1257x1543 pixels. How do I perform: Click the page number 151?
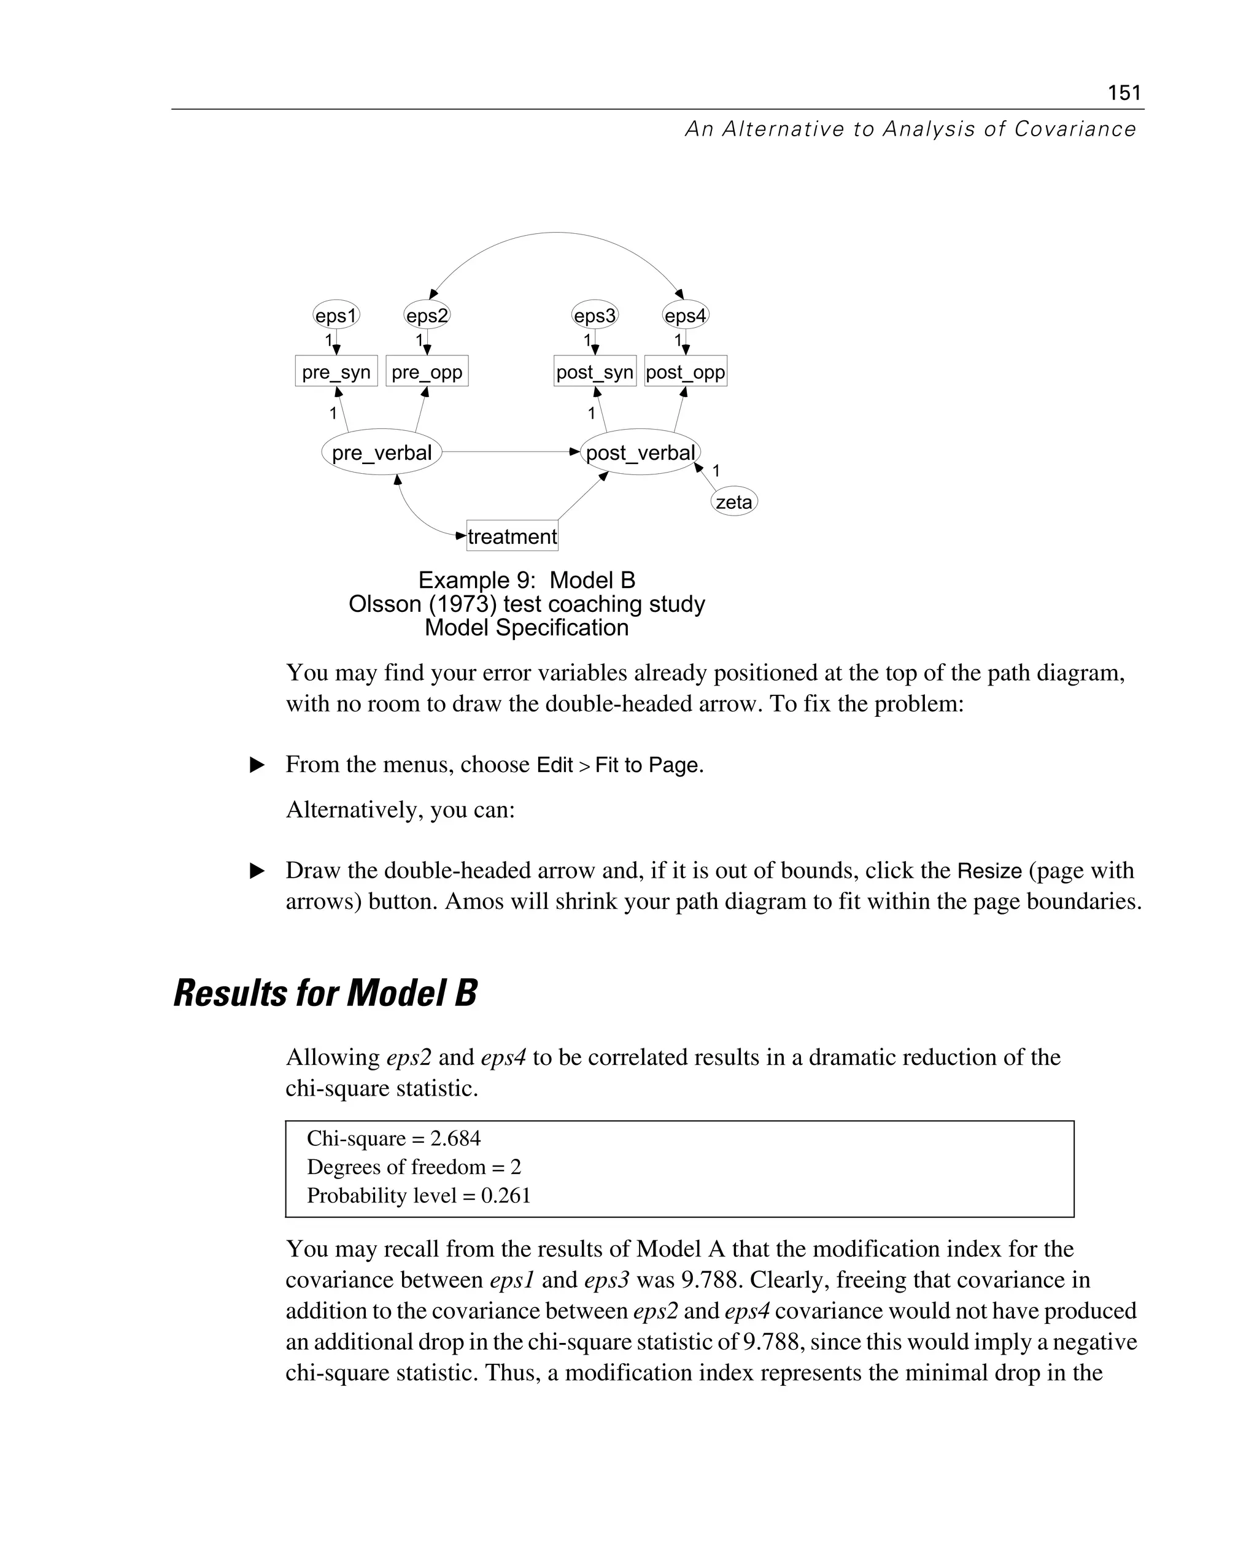point(1124,93)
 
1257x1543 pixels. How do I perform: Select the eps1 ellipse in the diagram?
point(336,315)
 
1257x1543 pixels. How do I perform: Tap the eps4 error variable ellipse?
point(685,315)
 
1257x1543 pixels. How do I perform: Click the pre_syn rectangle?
point(336,371)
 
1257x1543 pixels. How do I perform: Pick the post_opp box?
point(685,371)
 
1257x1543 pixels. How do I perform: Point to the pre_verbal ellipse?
point(382,452)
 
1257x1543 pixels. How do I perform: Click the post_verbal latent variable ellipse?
point(640,452)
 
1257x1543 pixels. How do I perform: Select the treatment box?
point(512,536)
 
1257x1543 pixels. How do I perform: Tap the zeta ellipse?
point(733,502)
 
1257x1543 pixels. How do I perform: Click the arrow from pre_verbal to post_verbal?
point(507,452)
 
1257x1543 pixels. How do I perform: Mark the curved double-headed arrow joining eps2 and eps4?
point(555,233)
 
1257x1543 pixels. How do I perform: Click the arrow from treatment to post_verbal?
point(583,496)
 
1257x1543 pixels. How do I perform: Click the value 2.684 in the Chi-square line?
point(455,1139)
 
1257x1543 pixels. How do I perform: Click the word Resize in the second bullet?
point(989,870)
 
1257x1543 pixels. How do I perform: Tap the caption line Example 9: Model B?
point(527,580)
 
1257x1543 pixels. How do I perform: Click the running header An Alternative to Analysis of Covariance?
point(910,129)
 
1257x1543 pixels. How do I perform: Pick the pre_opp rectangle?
point(427,371)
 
